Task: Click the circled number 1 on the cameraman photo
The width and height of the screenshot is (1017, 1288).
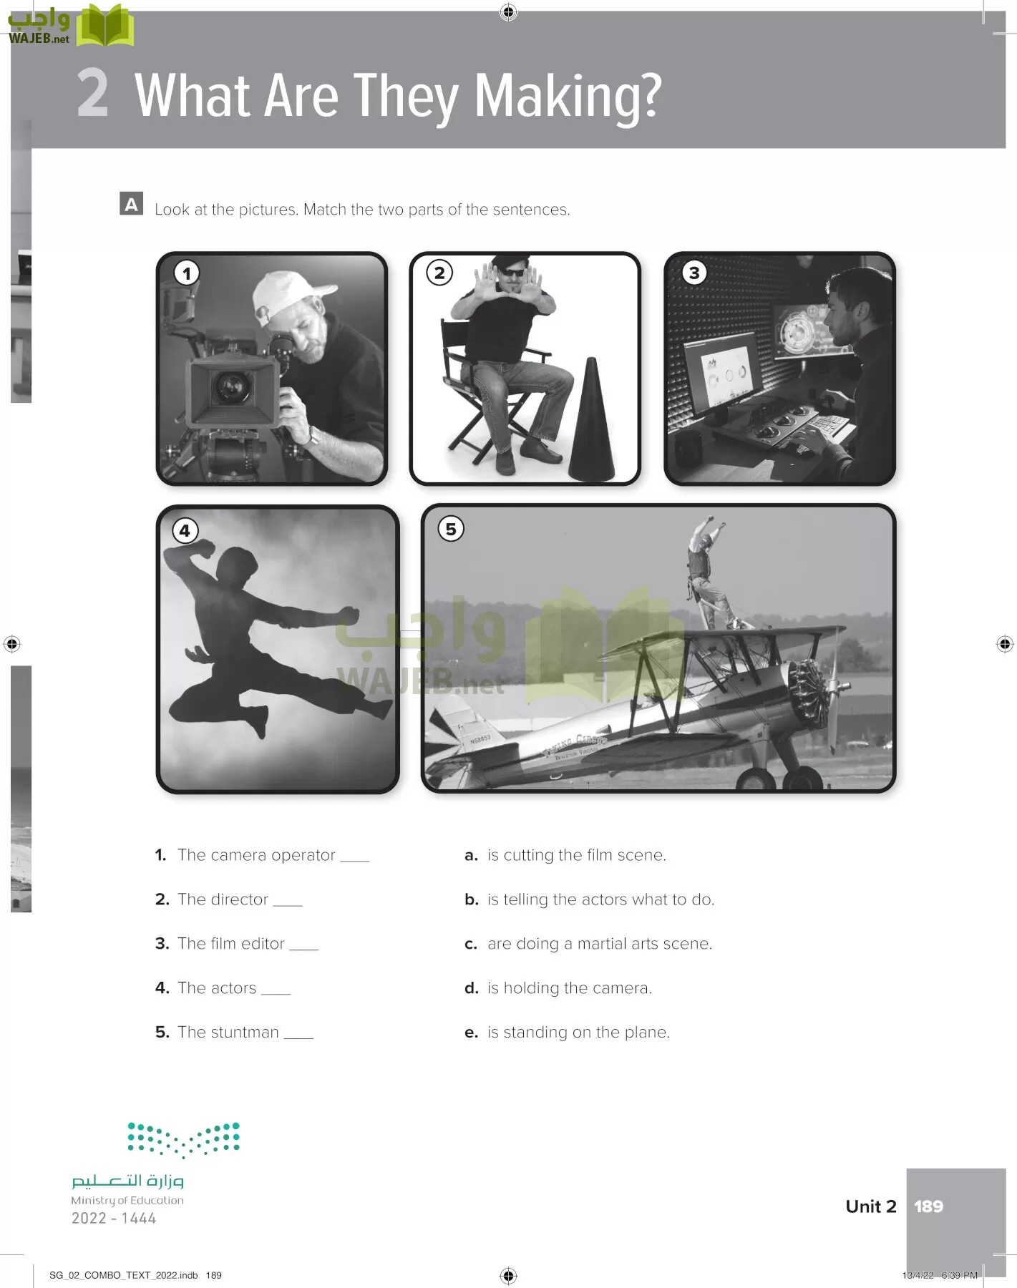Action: (x=187, y=273)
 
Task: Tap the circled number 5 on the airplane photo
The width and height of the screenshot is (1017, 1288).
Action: (x=451, y=530)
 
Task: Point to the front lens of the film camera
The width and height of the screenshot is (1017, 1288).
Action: (x=230, y=387)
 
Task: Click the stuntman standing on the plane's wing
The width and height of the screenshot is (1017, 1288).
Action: (x=704, y=569)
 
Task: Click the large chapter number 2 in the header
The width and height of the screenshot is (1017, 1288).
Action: (x=93, y=93)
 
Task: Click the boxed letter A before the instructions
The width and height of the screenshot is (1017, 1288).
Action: (x=132, y=205)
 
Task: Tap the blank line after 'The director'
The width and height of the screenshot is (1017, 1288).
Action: (x=288, y=903)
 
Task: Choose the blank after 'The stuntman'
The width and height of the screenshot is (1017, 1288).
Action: (x=299, y=1035)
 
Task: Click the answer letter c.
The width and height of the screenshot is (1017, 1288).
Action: (x=471, y=945)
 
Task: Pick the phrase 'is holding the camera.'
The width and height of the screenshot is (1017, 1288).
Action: (x=570, y=988)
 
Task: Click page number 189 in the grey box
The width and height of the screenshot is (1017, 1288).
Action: (x=928, y=1206)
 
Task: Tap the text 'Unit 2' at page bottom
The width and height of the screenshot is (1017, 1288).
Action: (x=871, y=1206)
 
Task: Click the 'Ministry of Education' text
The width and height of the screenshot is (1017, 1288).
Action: (x=127, y=1200)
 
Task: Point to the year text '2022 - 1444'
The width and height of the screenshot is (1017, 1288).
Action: (x=114, y=1218)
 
